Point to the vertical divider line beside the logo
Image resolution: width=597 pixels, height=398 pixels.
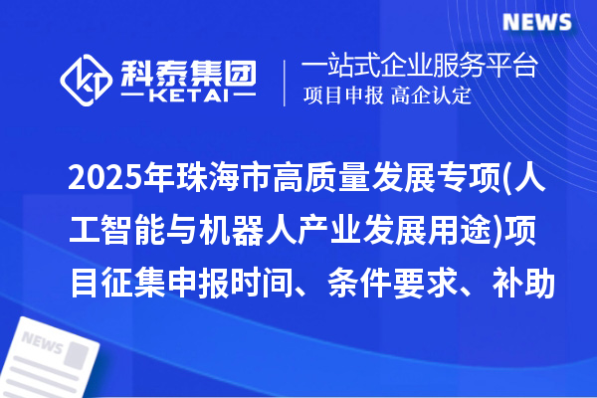pos(286,80)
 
